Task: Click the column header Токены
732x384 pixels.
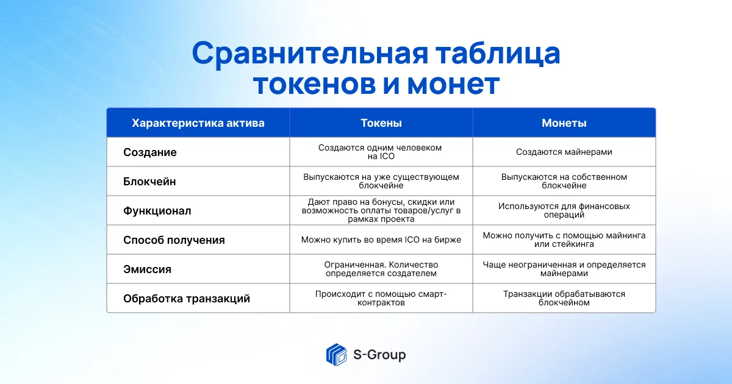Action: pos(381,123)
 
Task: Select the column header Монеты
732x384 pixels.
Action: pos(564,123)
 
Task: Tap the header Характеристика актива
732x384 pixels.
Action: pos(198,123)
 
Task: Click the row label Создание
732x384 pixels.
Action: pos(149,152)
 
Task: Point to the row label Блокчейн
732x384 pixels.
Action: pos(149,182)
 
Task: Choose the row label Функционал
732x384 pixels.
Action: pos(157,211)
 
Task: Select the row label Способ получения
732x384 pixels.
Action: pos(174,240)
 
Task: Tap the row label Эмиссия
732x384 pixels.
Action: pos(147,269)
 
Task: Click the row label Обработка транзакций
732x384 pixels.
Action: pos(186,299)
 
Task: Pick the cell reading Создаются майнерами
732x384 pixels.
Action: pos(564,152)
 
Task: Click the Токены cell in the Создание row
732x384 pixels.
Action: pos(381,152)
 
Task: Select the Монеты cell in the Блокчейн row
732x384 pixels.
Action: pos(564,181)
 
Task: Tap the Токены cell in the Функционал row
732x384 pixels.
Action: pos(381,211)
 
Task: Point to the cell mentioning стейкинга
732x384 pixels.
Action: pos(564,240)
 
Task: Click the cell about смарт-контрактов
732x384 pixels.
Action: pos(381,298)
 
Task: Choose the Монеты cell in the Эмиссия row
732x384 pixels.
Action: pos(564,269)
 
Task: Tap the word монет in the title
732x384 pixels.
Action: pos(453,84)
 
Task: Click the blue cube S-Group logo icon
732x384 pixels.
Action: pos(336,355)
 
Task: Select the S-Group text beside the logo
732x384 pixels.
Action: pos(379,355)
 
